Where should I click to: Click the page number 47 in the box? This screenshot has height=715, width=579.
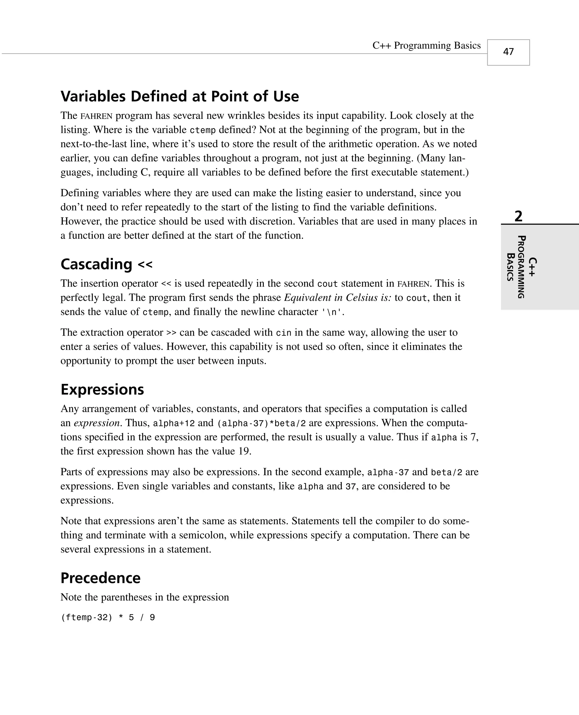point(508,52)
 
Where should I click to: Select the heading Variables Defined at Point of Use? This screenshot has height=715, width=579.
point(180,96)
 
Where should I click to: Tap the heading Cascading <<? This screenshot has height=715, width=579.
point(106,264)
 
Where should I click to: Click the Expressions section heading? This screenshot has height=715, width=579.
point(102,390)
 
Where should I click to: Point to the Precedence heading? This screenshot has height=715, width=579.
point(100,578)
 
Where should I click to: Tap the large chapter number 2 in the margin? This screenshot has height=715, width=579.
point(518,216)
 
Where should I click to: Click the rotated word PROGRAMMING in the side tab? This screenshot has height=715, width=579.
point(521,267)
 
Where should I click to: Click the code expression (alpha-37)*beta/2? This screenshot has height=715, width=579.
point(261,423)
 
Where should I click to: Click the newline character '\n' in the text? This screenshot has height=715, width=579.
point(332,312)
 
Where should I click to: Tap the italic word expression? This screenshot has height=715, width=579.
point(97,423)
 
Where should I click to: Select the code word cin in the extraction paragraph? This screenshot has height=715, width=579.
point(284,333)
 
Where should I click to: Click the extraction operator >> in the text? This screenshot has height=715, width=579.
point(171,333)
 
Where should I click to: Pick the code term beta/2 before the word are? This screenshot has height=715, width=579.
point(446,472)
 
